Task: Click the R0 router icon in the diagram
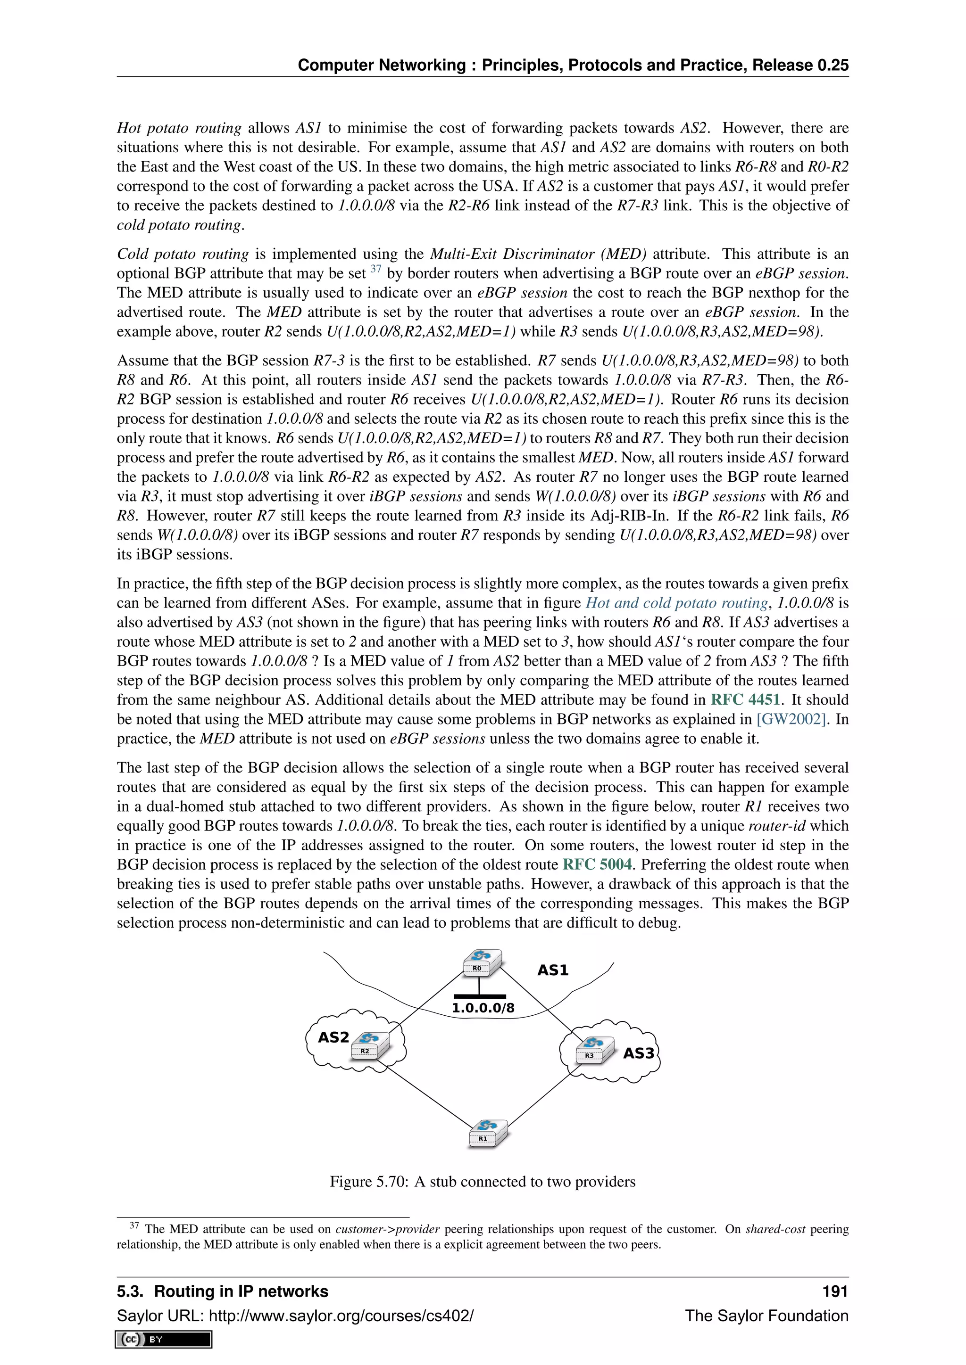pos(482,963)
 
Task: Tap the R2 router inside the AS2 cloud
pos(370,1046)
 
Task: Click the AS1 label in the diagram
pos(553,970)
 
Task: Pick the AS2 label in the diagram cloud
pos(333,1037)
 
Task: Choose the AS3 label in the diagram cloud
pos(638,1053)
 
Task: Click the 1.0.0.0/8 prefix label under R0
pos(483,1008)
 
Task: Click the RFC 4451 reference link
pos(745,700)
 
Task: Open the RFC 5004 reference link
pos(597,864)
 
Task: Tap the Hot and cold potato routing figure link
pos(677,603)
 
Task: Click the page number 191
pos(834,1291)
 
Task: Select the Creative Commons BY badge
pos(164,1339)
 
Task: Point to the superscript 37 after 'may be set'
pos(375,269)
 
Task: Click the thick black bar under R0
pos(479,996)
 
